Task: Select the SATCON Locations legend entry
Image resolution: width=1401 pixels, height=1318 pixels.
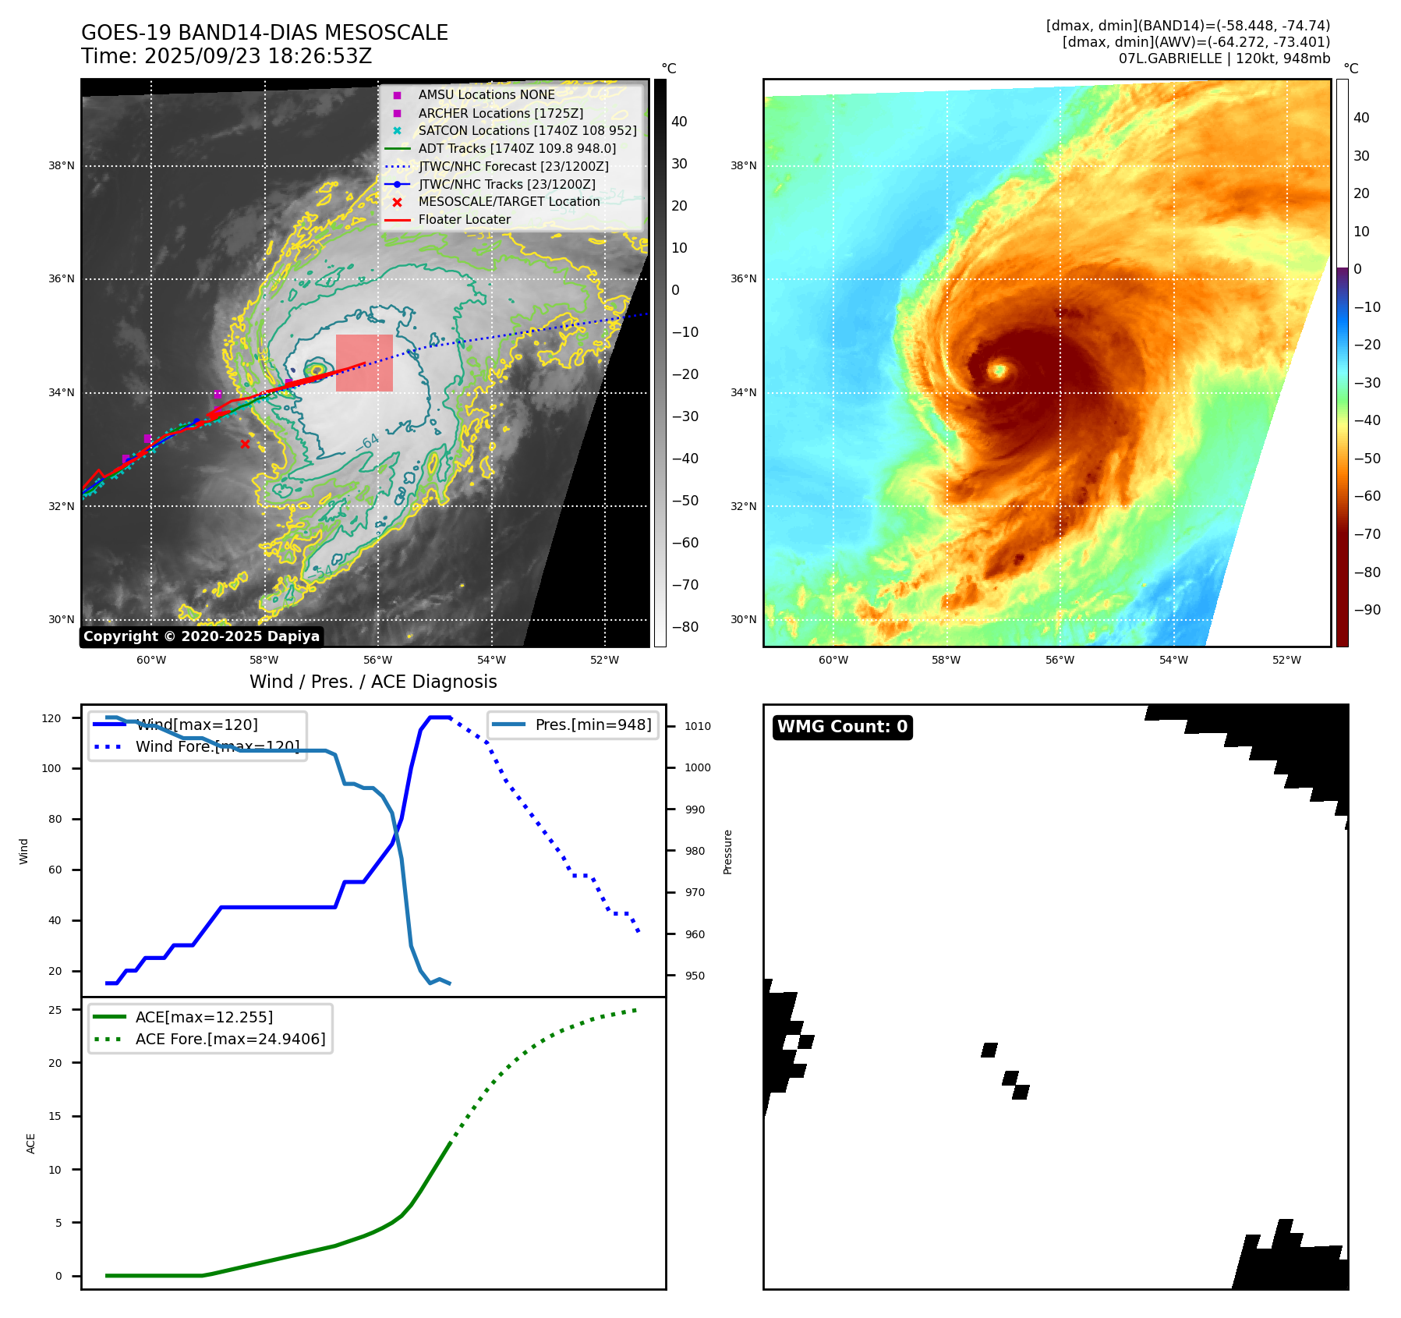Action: (x=527, y=131)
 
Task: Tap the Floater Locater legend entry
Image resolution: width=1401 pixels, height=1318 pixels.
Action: (x=464, y=220)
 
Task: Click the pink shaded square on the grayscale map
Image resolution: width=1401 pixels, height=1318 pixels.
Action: (x=364, y=363)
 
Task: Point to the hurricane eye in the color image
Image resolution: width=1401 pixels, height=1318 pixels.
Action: (x=999, y=370)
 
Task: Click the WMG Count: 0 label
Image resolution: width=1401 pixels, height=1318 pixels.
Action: (x=842, y=727)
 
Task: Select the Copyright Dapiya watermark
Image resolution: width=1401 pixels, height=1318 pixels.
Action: (x=201, y=636)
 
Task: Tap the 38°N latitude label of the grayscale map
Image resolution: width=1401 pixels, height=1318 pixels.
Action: (x=62, y=166)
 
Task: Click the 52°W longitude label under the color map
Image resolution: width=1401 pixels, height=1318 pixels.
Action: (x=1286, y=661)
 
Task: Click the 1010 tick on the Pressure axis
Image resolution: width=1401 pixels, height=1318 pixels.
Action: (x=698, y=726)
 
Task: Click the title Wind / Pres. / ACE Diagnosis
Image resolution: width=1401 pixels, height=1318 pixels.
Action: (x=373, y=682)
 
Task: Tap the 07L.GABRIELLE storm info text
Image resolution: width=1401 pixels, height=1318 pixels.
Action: (x=1224, y=58)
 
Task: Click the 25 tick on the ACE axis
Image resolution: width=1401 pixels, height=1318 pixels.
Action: (x=55, y=1010)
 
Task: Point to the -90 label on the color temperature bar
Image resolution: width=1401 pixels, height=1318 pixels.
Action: (x=1367, y=610)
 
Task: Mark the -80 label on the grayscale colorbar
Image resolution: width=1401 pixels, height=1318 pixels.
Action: (x=685, y=627)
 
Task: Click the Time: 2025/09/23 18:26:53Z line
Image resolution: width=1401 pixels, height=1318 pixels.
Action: (x=226, y=56)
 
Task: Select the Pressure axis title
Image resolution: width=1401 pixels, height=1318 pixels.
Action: (x=727, y=852)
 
